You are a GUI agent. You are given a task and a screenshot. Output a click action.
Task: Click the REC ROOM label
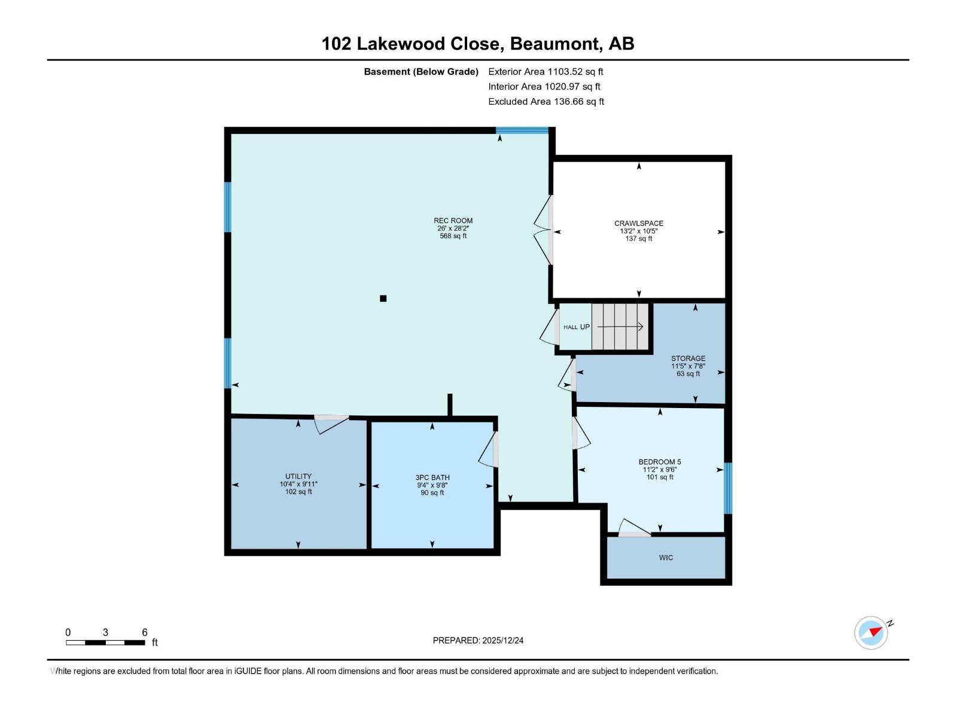[453, 221]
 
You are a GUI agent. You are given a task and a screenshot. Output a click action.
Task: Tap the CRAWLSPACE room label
[639, 224]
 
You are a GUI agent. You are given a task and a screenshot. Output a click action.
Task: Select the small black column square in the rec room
[383, 299]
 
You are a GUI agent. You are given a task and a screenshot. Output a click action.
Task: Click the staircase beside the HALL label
[620, 327]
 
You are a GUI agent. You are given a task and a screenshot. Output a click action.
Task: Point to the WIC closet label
[666, 558]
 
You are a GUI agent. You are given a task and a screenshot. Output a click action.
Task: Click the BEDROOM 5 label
[660, 462]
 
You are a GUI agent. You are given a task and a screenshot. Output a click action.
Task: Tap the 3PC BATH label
[432, 478]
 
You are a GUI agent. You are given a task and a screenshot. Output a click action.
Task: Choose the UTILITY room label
[298, 477]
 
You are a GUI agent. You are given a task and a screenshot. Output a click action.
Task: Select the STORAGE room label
[688, 359]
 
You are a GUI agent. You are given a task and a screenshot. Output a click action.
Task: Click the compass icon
[871, 632]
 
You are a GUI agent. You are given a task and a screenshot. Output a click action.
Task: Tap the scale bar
[105, 643]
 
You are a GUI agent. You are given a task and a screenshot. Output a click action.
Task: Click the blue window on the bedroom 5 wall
[728, 488]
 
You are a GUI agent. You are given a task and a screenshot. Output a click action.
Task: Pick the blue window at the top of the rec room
[522, 130]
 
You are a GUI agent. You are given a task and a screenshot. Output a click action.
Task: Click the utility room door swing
[331, 423]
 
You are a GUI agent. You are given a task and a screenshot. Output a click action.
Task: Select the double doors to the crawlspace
[543, 230]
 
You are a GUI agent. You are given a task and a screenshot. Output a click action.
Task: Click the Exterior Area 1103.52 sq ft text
[545, 72]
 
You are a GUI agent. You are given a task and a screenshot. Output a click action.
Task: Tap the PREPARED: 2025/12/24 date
[478, 640]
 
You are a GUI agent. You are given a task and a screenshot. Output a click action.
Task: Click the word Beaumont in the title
[554, 44]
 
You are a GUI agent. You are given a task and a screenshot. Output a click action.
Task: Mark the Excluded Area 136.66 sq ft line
[545, 102]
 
